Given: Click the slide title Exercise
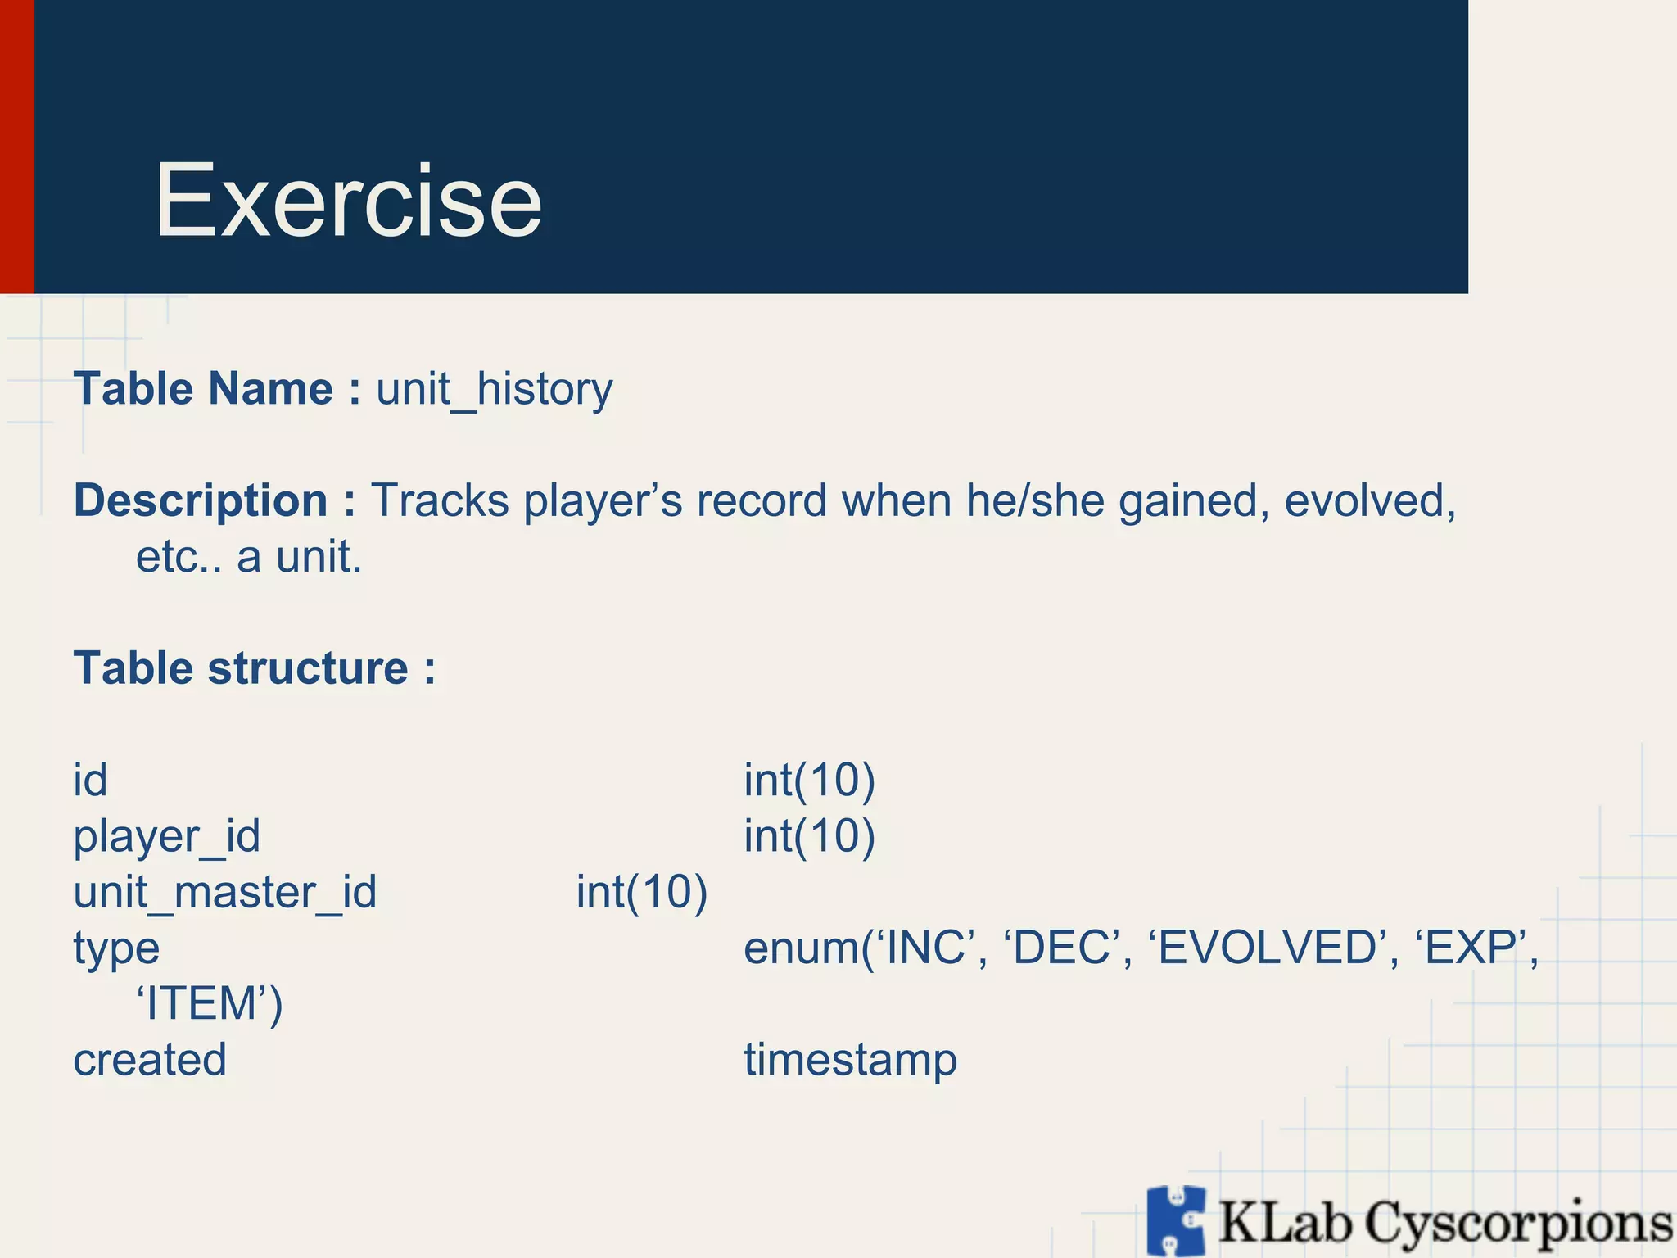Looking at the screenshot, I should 348,201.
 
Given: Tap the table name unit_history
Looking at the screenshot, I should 494,389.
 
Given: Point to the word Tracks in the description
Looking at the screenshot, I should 440,500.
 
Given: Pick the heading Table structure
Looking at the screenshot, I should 254,668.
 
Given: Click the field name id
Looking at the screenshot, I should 90,780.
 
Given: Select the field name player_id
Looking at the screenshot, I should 167,836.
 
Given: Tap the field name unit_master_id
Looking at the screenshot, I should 225,892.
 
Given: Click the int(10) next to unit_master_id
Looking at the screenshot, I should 641,892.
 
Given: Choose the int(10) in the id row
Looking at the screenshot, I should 809,780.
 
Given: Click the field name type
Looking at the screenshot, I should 116,948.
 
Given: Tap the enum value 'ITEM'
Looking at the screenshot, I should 209,1003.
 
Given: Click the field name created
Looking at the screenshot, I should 150,1060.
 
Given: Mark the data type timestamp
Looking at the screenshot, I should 850,1060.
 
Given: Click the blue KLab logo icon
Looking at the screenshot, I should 1176,1220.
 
